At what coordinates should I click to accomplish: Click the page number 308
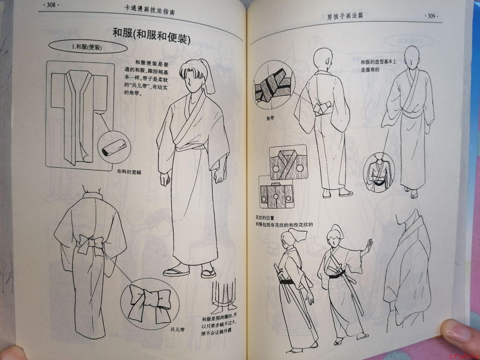tap(51, 5)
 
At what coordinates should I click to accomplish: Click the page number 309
tap(431, 16)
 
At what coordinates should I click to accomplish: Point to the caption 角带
tap(270, 118)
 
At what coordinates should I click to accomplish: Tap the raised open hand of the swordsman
tap(368, 246)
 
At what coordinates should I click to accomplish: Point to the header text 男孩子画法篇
tap(345, 16)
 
